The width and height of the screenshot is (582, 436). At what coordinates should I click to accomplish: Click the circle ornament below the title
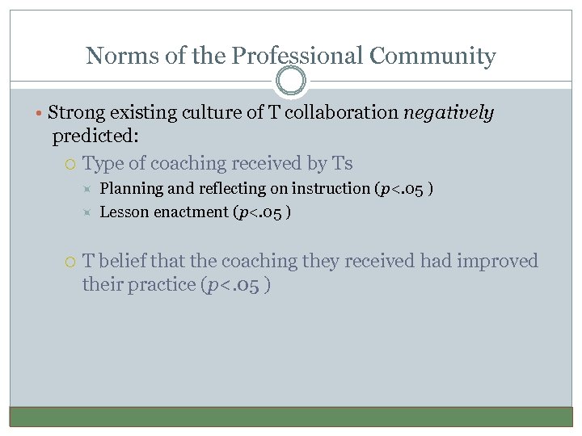(291, 81)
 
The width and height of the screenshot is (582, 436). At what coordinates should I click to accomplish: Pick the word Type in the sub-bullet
(103, 163)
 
